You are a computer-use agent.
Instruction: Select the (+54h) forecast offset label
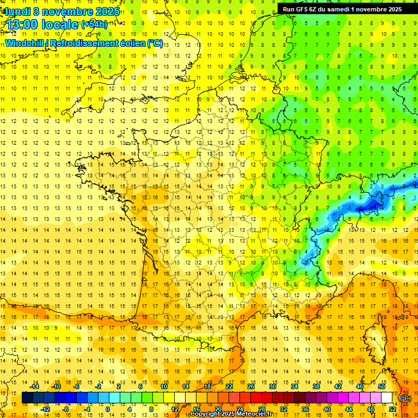pyautogui.click(x=94, y=24)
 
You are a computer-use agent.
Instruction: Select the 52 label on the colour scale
pyautogui.click(x=392, y=409)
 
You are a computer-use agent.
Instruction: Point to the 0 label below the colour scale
pyautogui.click(x=107, y=409)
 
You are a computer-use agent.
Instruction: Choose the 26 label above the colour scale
pyautogui.click(x=251, y=386)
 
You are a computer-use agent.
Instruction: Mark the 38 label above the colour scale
pyautogui.click(x=316, y=386)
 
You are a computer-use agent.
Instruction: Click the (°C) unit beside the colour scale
pyautogui.click(x=405, y=398)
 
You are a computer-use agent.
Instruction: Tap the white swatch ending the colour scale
pyautogui.click(x=387, y=398)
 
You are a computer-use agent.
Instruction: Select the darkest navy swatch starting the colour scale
pyautogui.click(x=27, y=398)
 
